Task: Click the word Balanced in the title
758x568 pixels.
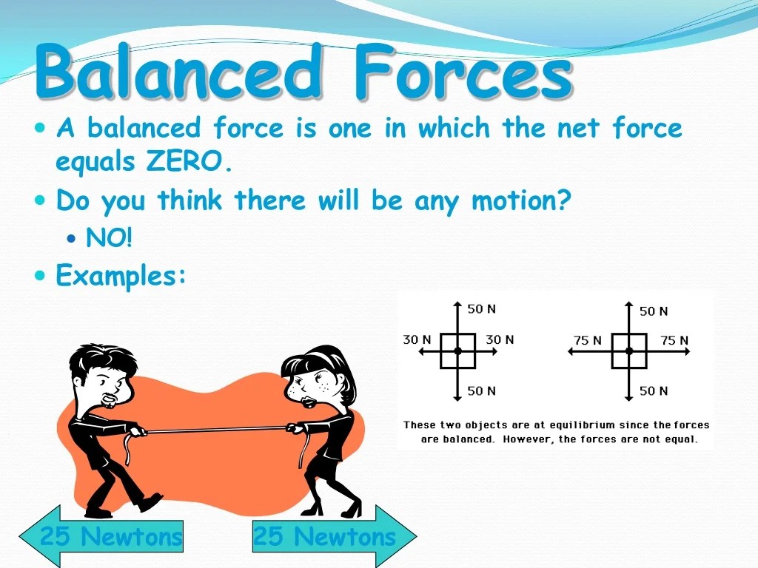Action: coord(178,72)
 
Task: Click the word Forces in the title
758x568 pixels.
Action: coord(462,72)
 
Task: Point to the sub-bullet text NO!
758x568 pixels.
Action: coord(109,238)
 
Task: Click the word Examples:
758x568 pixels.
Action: coord(121,276)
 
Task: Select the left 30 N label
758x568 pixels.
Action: coord(417,339)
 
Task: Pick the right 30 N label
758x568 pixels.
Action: coord(500,339)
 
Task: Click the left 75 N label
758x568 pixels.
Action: coord(588,340)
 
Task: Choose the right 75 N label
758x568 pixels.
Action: coord(674,340)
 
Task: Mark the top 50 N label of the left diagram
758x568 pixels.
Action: coord(481,309)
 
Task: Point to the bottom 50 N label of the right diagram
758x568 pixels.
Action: coord(654,390)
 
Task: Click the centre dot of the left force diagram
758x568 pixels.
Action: coord(458,351)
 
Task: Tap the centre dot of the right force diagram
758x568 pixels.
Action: coord(629,351)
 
